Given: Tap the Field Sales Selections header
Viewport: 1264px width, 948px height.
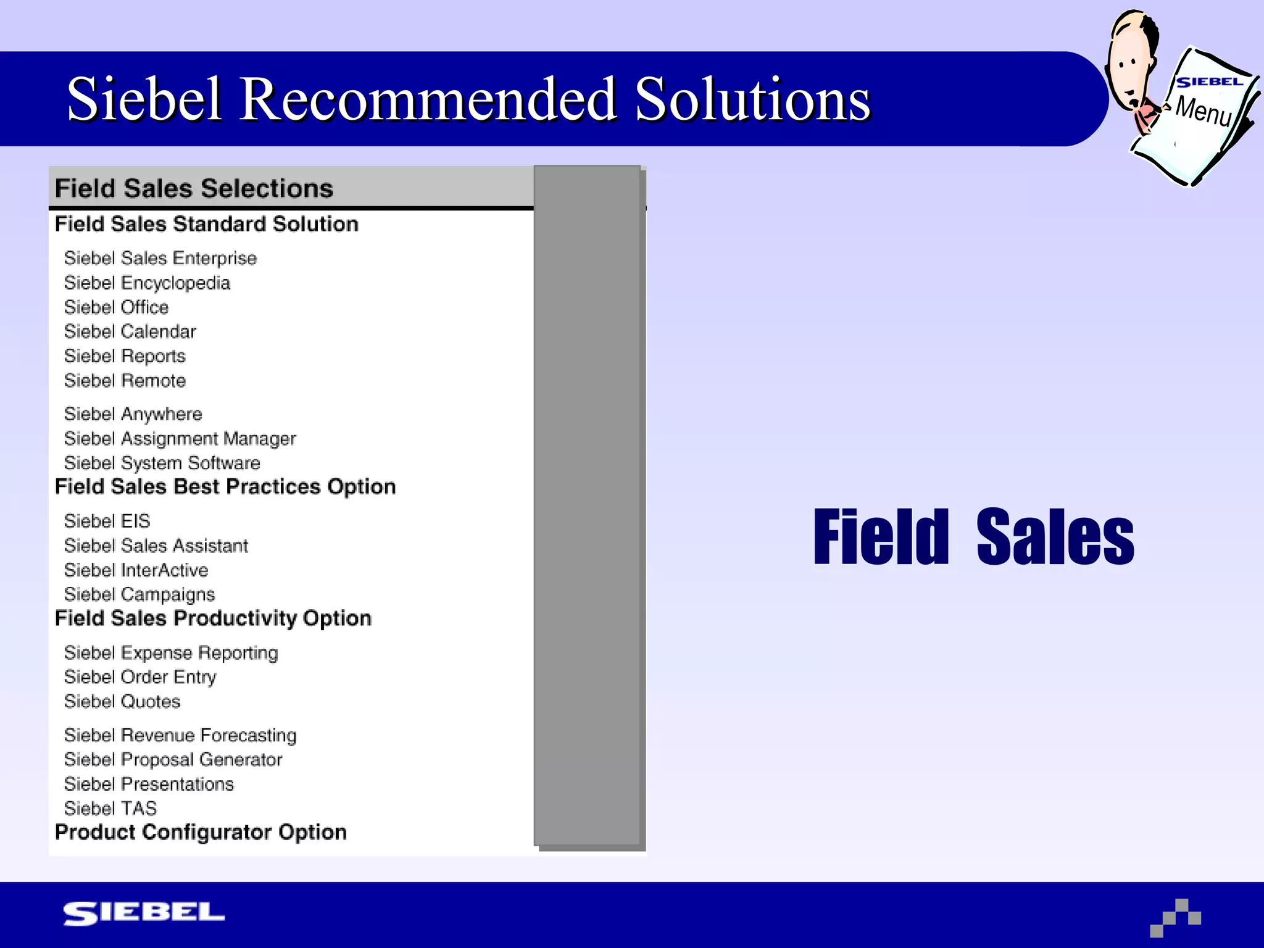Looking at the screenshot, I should point(194,188).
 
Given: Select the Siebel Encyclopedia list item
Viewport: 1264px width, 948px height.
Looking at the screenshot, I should point(147,283).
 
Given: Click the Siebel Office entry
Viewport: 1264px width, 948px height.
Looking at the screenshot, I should point(116,307).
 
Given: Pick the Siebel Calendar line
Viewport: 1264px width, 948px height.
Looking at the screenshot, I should point(130,331).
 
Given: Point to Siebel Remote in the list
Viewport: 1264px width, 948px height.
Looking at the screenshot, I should point(125,381).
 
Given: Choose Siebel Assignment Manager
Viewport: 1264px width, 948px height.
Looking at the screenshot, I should point(180,439).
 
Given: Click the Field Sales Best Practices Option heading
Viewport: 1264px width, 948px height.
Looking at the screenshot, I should point(225,487).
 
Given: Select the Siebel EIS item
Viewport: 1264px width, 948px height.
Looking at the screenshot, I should point(107,522).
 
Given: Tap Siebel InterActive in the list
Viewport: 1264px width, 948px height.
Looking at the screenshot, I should point(136,570).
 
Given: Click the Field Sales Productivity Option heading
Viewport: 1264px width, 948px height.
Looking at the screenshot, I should point(213,618).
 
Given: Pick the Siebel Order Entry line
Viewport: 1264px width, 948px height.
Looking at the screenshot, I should point(140,677).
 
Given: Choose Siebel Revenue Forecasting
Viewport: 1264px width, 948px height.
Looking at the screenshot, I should point(180,736).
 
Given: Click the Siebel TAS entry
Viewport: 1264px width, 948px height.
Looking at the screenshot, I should point(110,809).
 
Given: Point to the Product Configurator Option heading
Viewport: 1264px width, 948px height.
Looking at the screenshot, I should point(201,833).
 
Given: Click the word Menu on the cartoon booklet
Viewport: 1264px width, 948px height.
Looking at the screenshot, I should point(1204,111).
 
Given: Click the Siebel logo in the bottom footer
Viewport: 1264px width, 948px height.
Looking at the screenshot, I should point(144,913).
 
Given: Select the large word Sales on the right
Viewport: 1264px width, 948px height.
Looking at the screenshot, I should point(1055,537).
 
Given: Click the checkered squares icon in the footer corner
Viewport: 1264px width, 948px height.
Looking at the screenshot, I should point(1175,918).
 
